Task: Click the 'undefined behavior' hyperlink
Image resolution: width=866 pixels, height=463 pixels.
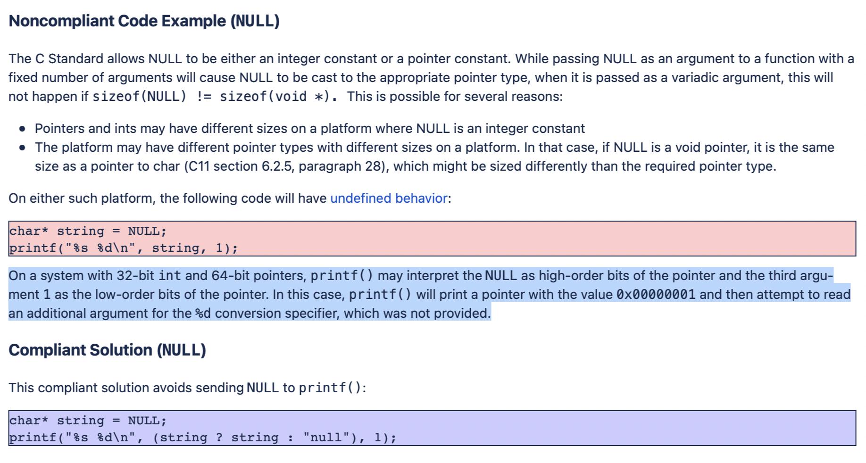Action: click(389, 198)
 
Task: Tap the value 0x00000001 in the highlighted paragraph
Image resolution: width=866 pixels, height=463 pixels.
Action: click(656, 295)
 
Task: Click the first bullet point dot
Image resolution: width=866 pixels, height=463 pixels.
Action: click(22, 129)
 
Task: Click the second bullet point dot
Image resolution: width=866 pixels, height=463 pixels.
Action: click(22, 148)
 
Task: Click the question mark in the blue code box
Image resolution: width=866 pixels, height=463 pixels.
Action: click(219, 438)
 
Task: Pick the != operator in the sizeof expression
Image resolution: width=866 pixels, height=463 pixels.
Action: click(204, 97)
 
